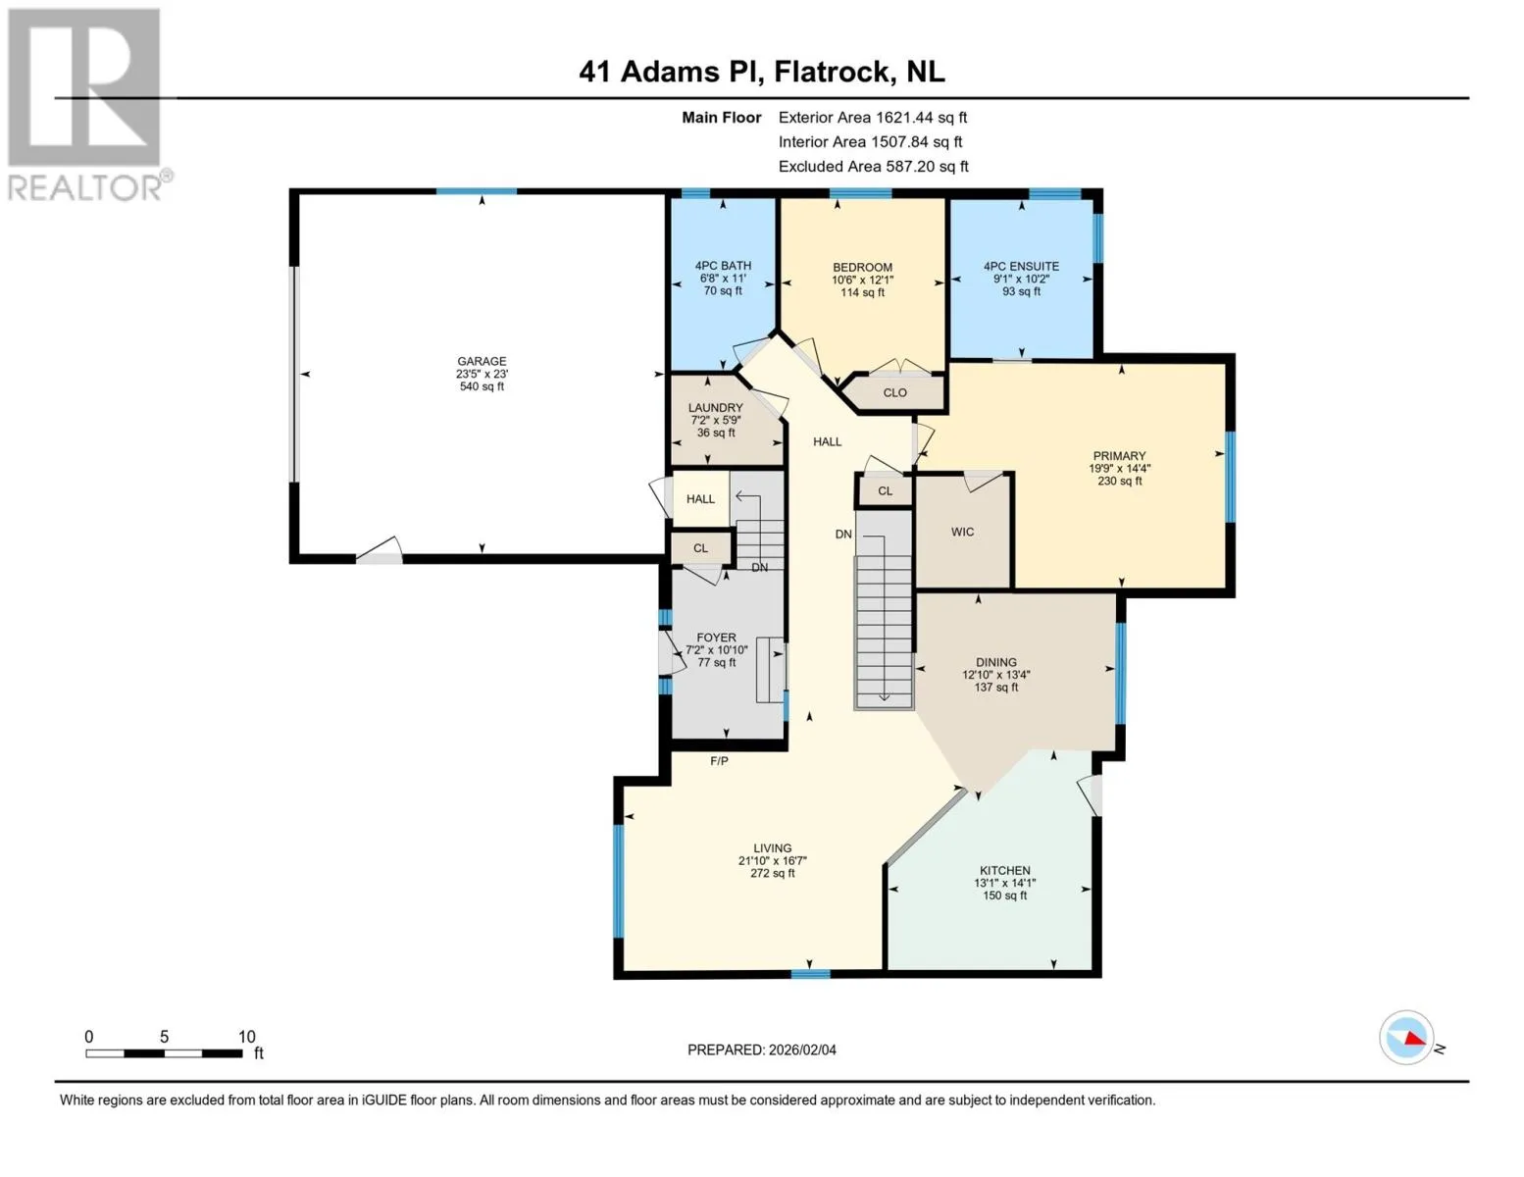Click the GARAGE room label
click(482, 361)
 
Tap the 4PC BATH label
click(723, 266)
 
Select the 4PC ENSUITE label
click(1021, 267)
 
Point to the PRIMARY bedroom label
click(1119, 456)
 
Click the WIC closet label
click(962, 532)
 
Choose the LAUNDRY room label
click(715, 407)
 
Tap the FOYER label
click(716, 638)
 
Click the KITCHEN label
click(1005, 870)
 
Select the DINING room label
click(995, 662)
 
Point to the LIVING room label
click(772, 848)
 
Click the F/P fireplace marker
click(719, 761)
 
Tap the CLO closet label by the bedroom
click(895, 392)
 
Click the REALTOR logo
click(87, 105)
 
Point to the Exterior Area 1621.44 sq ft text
click(873, 118)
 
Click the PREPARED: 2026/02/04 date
click(762, 1050)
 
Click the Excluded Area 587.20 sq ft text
click(873, 166)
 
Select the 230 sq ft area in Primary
click(1119, 482)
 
